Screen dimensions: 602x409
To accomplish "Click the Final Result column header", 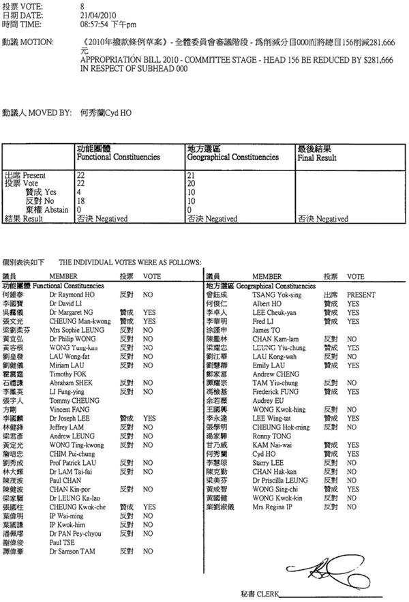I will tap(317, 157).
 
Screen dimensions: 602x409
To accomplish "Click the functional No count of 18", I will tap(80, 201).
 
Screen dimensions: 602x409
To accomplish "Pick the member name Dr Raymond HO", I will tap(72, 295).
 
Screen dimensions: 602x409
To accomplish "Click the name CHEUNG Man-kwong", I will tap(77, 320).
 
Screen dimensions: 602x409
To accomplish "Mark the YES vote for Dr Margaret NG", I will tap(150, 312).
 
